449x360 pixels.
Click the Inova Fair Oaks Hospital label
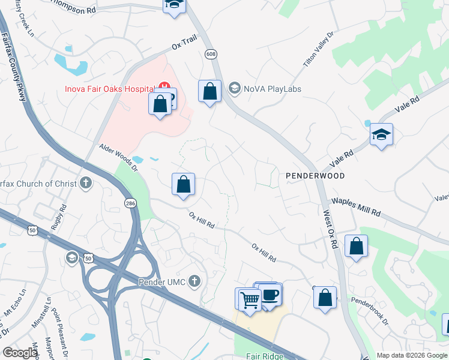click(x=109, y=89)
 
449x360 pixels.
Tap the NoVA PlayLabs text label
click(x=272, y=89)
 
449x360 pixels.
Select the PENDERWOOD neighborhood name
click(x=315, y=176)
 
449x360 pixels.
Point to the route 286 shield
click(x=130, y=204)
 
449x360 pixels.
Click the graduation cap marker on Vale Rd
click(x=381, y=134)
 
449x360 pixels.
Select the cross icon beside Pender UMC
click(x=194, y=281)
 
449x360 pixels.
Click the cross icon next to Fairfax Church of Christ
click(x=86, y=182)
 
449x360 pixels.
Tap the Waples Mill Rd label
click(x=356, y=207)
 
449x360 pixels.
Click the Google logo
click(x=20, y=353)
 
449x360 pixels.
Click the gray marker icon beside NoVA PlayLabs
click(x=234, y=89)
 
